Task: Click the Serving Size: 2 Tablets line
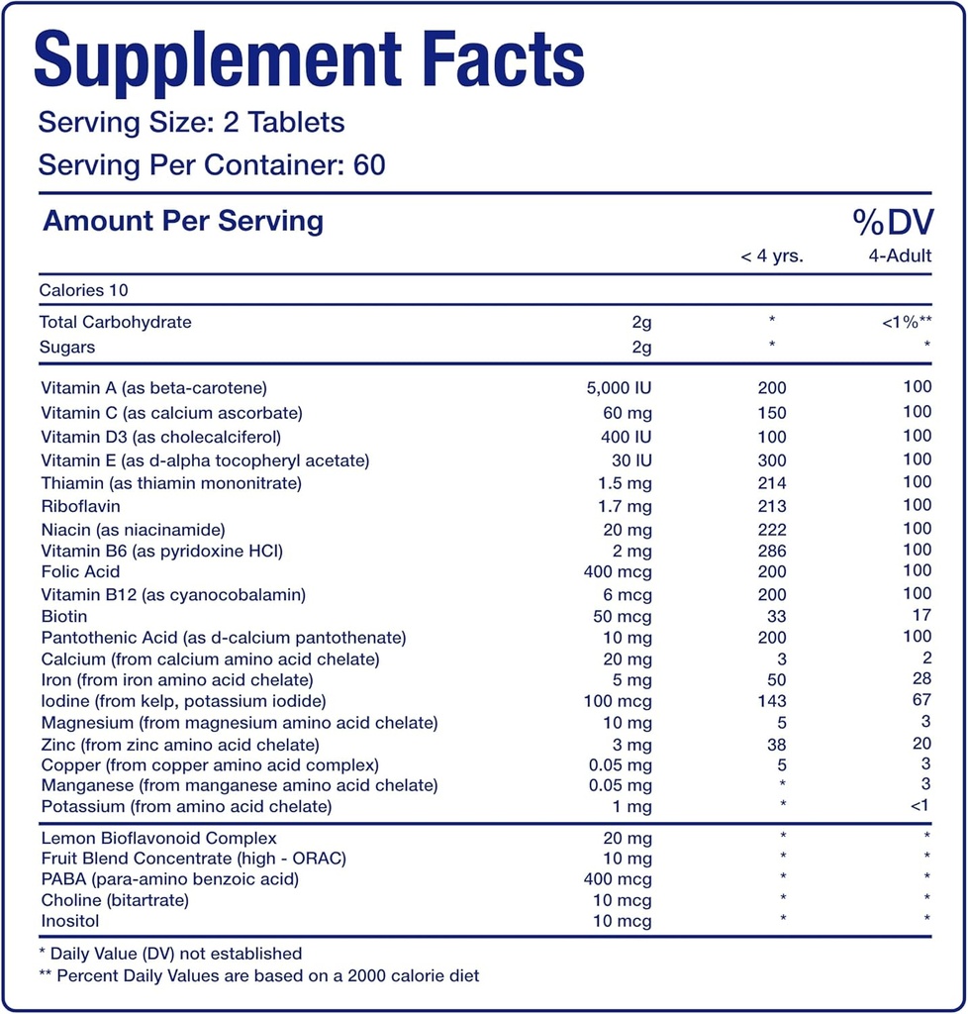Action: click(191, 123)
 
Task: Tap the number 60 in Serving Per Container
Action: click(368, 163)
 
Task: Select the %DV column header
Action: click(893, 223)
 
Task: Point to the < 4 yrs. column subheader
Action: click(771, 256)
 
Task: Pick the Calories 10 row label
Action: click(84, 290)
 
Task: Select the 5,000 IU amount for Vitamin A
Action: click(619, 388)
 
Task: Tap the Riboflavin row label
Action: click(80, 506)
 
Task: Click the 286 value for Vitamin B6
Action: click(771, 551)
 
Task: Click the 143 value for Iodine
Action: click(771, 702)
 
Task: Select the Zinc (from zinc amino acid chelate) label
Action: click(180, 745)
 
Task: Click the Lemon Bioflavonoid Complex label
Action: click(158, 839)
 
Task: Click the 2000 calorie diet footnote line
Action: click(258, 976)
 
